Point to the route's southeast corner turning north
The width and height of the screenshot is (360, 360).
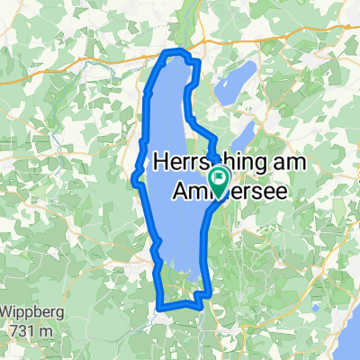click(208, 292)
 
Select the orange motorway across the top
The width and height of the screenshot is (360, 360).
click(90, 58)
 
